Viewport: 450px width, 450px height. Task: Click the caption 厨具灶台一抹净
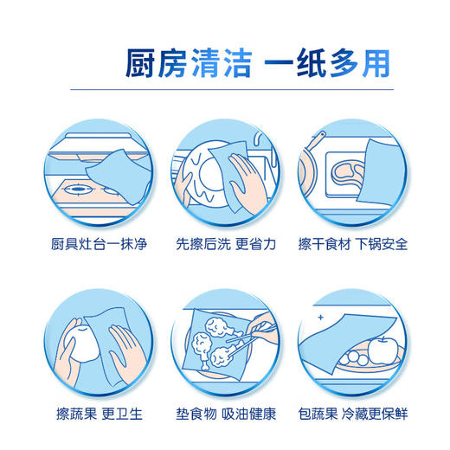[99, 244]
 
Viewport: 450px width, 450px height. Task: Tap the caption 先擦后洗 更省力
[226, 244]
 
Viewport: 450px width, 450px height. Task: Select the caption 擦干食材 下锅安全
[353, 244]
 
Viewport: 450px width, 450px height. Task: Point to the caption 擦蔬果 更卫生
[100, 414]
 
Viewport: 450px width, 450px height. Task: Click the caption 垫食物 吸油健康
[226, 414]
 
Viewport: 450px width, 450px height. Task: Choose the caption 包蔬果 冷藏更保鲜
[353, 414]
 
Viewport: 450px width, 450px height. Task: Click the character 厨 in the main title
[140, 63]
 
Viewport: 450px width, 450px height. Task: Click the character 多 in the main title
[344, 63]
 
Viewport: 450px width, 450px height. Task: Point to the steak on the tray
[347, 173]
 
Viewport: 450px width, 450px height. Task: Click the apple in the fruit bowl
[382, 350]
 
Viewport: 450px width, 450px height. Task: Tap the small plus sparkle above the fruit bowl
[320, 318]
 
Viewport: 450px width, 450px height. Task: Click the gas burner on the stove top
[78, 190]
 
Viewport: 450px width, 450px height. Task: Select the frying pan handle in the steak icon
[316, 140]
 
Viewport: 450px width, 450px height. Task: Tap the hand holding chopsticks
[262, 327]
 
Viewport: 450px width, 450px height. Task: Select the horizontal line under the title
[232, 89]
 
